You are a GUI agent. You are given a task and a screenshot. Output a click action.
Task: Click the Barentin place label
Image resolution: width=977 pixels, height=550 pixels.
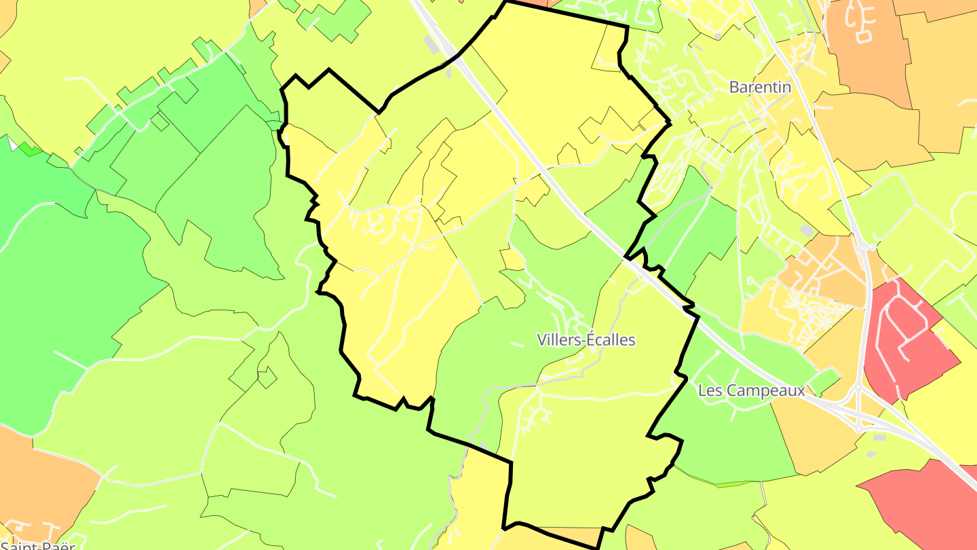click(x=760, y=87)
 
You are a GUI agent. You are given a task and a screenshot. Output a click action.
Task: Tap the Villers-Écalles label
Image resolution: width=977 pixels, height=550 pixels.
click(x=586, y=340)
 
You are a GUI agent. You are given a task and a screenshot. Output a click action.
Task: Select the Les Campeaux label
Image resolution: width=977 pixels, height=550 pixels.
click(x=751, y=390)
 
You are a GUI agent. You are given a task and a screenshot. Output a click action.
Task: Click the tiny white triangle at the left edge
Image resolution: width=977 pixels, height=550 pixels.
click(x=10, y=144)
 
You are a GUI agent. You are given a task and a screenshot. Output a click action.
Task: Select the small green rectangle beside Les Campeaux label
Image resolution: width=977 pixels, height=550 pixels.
click(x=825, y=381)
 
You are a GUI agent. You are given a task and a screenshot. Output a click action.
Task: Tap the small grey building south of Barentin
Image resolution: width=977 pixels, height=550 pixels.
click(x=805, y=231)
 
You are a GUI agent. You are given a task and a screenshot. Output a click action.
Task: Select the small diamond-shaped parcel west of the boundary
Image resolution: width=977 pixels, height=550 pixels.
click(x=267, y=377)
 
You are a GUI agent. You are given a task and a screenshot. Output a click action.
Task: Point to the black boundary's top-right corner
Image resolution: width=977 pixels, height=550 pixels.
click(x=627, y=27)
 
